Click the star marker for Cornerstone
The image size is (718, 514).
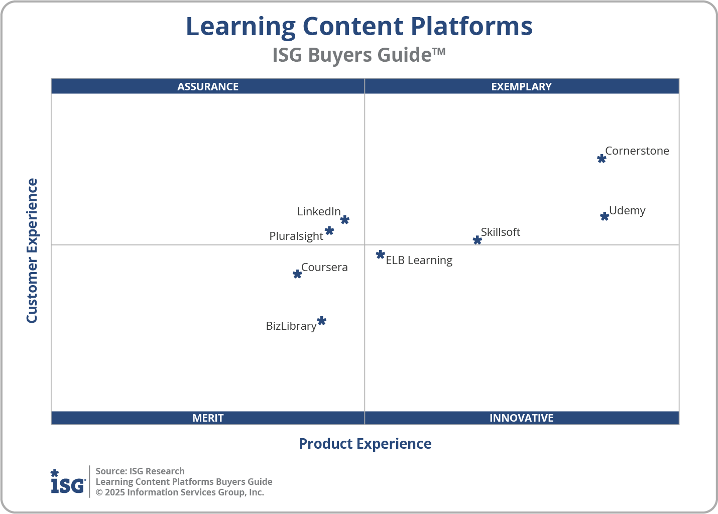pos(602,159)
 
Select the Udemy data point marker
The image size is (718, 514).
pos(605,216)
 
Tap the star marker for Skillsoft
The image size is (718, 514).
pos(477,240)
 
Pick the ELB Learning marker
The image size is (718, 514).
pos(381,255)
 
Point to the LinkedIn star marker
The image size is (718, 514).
pos(345,220)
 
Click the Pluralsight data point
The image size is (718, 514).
pos(329,230)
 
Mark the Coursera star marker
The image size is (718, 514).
pos(297,274)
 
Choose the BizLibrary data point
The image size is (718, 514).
pos(322,321)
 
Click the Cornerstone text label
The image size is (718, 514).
pos(637,151)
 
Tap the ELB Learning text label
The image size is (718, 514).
pos(419,260)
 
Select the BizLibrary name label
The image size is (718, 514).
pos(291,326)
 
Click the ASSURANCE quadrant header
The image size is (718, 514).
pos(208,86)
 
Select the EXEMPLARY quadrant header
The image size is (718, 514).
pos(522,86)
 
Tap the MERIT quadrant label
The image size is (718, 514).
pos(208,418)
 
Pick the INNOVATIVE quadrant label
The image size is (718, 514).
pos(522,418)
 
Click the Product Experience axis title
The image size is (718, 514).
pos(365,444)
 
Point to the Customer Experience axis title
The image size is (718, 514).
pos(32,250)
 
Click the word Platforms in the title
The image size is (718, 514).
pos(471,26)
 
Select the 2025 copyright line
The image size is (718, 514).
pos(180,492)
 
